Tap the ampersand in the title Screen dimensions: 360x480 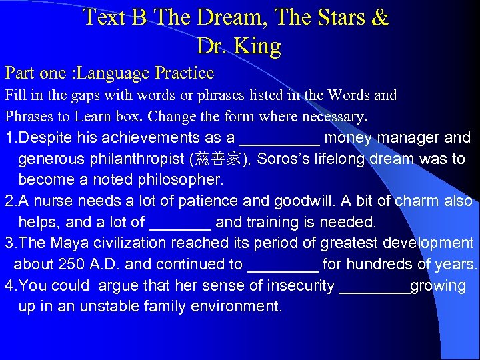(x=378, y=17)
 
